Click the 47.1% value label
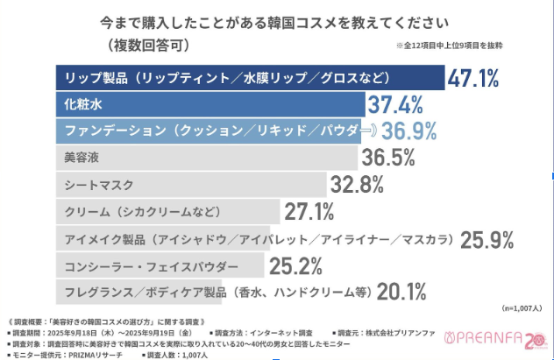coord(473,78)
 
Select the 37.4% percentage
coord(395,105)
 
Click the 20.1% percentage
coord(403,290)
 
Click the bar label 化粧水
coord(85,105)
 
